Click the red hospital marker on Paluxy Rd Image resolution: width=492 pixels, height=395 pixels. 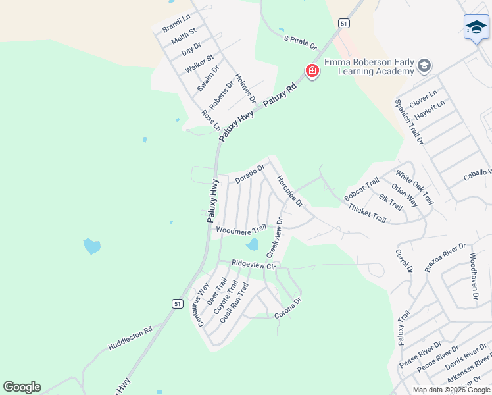(x=312, y=70)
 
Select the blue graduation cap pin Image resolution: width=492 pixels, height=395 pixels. (x=476, y=28)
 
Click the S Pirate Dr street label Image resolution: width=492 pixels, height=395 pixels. (x=301, y=43)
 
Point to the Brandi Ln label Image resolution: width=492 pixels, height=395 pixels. (x=176, y=23)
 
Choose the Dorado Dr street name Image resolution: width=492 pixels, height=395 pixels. (x=250, y=173)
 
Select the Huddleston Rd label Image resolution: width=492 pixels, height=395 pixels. (x=130, y=338)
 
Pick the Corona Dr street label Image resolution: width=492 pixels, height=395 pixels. (x=287, y=309)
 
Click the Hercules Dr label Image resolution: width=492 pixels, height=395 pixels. (x=289, y=191)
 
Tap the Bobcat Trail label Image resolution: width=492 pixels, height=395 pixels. (x=362, y=190)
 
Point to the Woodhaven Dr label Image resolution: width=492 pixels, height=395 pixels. (x=474, y=276)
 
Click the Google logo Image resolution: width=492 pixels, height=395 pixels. (x=22, y=387)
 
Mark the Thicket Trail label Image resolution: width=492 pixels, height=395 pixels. (x=367, y=213)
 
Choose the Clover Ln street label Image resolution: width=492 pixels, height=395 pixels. (x=423, y=100)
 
